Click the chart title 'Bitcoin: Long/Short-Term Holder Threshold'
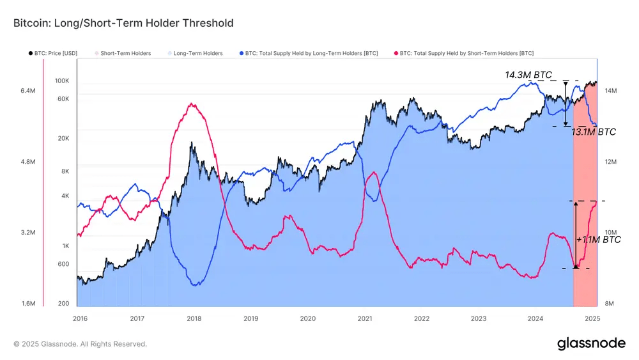coord(123,23)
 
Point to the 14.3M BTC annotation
coord(528,75)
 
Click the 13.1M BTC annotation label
coord(594,132)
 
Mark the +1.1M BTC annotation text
coord(598,240)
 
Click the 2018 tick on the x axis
coord(194,318)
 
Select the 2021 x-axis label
coord(364,318)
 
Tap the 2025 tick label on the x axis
coord(592,318)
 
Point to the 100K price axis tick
coord(62,81)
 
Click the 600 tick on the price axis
coord(64,264)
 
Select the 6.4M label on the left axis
coord(27,91)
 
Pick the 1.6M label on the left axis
coord(27,303)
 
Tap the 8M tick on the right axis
coord(610,303)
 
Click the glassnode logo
coord(591,343)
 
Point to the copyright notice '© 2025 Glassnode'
coord(80,344)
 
